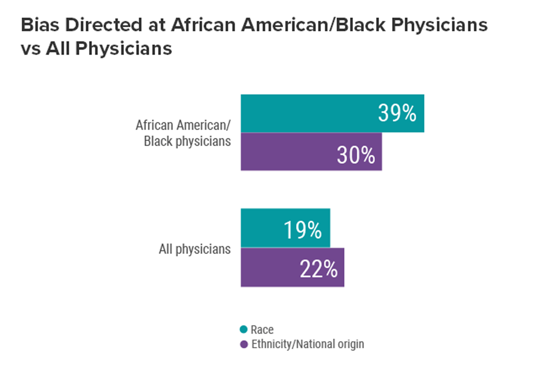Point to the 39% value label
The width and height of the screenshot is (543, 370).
pyautogui.click(x=397, y=113)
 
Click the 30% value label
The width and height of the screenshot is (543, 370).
pyautogui.click(x=356, y=156)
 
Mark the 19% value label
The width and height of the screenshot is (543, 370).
pyautogui.click(x=303, y=230)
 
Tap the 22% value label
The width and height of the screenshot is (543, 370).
pyautogui.click(x=319, y=269)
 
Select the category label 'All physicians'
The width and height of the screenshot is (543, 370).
pyautogui.click(x=194, y=249)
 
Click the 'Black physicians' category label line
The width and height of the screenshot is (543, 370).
pyautogui.click(x=187, y=141)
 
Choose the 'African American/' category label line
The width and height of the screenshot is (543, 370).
pyautogui.click(x=183, y=125)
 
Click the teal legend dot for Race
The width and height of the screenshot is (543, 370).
pyautogui.click(x=244, y=330)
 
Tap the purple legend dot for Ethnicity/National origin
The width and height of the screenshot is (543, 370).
pyautogui.click(x=244, y=344)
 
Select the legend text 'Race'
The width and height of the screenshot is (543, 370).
pyautogui.click(x=262, y=330)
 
